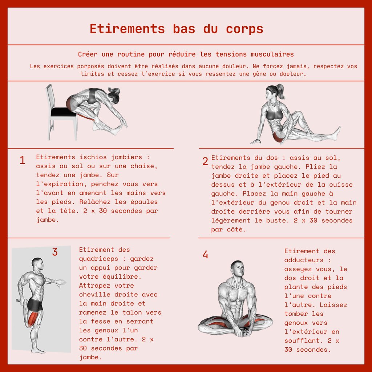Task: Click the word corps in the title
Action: [x=244, y=29]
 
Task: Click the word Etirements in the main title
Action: [x=127, y=29]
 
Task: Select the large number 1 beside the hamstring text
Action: [x=23, y=160]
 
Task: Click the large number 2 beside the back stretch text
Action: [x=205, y=161]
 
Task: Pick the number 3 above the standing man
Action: [x=55, y=252]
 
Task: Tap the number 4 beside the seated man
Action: [x=205, y=255]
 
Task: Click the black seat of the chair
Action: [x=63, y=112]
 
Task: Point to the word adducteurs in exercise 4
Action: [x=304, y=260]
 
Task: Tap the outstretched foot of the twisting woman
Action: [x=336, y=133]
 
